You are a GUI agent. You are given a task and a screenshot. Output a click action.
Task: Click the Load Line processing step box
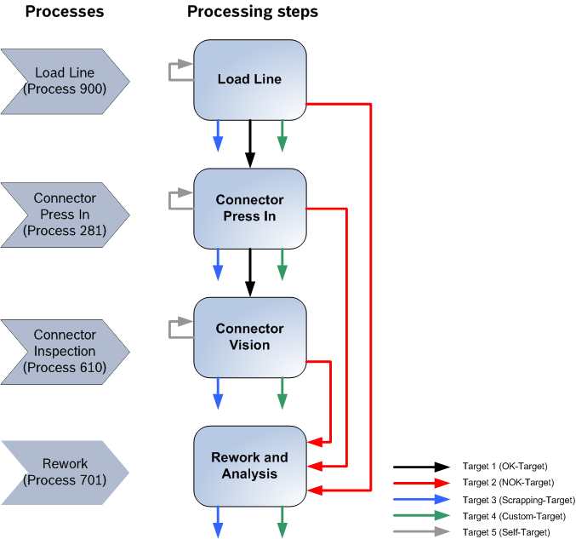(249, 80)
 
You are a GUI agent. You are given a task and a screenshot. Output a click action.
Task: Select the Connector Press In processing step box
(249, 208)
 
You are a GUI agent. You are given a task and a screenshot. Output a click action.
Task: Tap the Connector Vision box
(249, 336)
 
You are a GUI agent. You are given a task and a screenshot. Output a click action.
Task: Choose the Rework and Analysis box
(249, 465)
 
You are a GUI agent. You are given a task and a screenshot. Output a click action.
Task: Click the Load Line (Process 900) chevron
(65, 80)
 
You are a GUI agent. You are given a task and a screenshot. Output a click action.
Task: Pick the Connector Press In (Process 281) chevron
(65, 214)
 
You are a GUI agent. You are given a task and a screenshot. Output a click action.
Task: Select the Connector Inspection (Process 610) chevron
(65, 351)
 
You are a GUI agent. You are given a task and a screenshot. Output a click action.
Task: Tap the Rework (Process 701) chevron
(65, 472)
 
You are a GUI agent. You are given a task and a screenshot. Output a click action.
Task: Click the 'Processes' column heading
(65, 12)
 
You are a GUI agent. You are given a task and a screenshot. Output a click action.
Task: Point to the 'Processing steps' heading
(253, 12)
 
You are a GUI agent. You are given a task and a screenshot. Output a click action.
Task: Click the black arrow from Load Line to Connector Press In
(250, 143)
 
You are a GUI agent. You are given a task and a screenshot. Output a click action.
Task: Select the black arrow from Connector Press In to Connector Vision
(250, 272)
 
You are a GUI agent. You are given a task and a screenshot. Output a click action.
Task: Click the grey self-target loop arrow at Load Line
(180, 71)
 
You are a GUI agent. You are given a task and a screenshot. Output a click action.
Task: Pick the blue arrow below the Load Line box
(218, 135)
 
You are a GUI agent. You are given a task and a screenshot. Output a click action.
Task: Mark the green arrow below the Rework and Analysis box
(282, 521)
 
